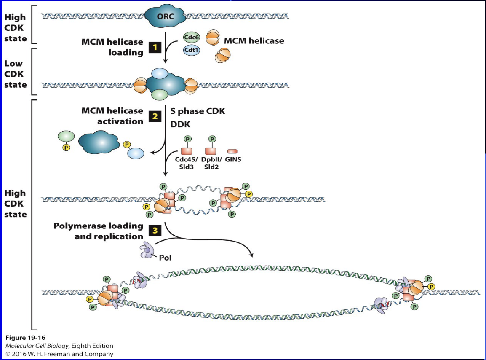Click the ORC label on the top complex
(166, 17)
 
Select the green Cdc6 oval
(191, 37)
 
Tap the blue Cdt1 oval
(191, 50)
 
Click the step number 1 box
(155, 47)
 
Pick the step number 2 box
(155, 116)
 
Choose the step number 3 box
(155, 231)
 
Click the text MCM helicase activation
(112, 116)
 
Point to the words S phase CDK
(198, 111)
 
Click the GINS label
(233, 160)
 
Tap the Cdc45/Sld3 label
(187, 163)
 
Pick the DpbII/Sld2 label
(211, 163)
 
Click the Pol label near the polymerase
(165, 257)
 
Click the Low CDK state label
(16, 74)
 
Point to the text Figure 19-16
(25, 338)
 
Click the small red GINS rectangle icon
(232, 151)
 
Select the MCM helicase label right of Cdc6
(254, 41)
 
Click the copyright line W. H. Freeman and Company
(59, 354)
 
